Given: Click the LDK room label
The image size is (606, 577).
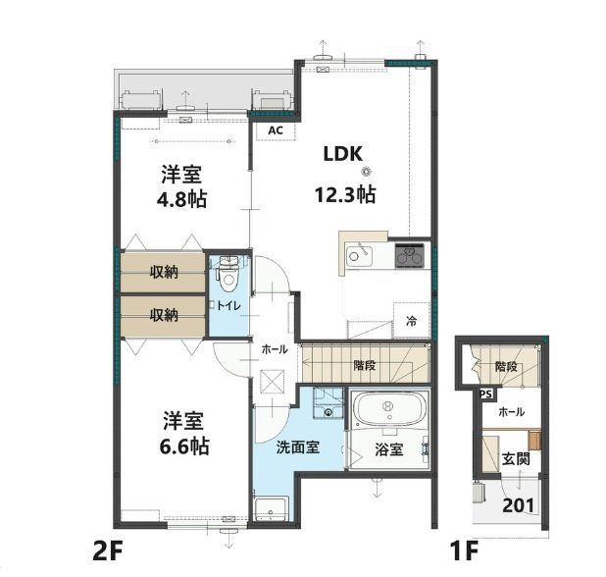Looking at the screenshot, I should click(x=344, y=153).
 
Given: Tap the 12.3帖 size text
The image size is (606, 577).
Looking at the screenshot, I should click(x=344, y=194).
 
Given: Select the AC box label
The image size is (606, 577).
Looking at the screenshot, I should click(x=276, y=130).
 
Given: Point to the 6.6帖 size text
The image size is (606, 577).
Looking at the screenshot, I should click(x=183, y=445).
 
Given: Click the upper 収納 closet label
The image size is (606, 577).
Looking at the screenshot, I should click(x=164, y=272).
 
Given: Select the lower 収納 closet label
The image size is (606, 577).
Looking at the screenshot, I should click(x=164, y=315).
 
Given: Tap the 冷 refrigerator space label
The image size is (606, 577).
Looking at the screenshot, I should click(x=411, y=320).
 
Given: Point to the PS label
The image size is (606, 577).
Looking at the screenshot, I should click(x=484, y=394).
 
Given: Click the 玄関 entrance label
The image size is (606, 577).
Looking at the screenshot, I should click(x=516, y=458).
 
